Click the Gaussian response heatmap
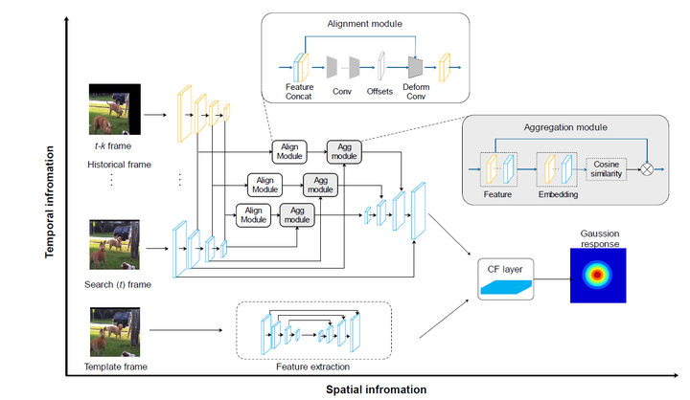point(597,275)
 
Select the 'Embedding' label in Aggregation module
point(558,193)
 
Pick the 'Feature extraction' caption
point(313,367)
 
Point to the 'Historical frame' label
point(117,164)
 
